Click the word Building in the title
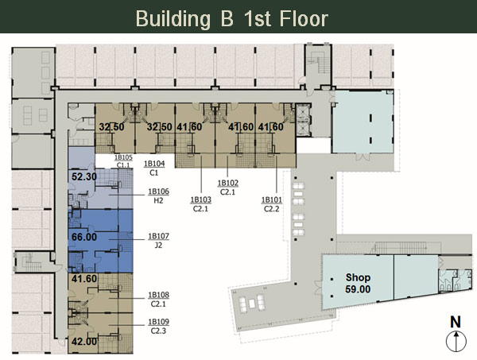173,19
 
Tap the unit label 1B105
123,157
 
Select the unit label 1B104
154,164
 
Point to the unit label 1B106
158,192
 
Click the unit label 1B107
158,236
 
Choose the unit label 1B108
158,295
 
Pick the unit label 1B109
158,322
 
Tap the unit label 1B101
272,200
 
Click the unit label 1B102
228,183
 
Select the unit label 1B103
201,199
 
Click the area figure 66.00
84,237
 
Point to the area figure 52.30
84,176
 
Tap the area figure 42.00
84,342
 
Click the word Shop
358,277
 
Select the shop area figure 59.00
358,289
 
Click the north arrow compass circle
456,341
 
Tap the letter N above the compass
456,323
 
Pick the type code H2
158,201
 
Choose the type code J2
158,245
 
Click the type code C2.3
158,331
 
